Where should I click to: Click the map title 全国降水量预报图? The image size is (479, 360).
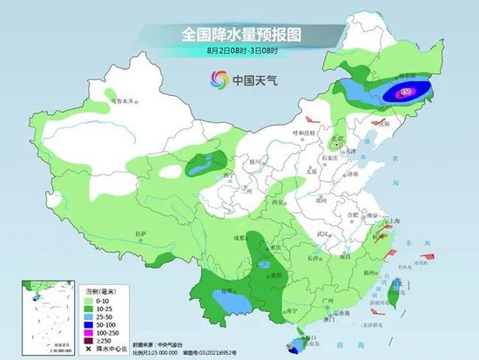(x=239, y=34)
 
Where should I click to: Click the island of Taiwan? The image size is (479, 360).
(x=395, y=288)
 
